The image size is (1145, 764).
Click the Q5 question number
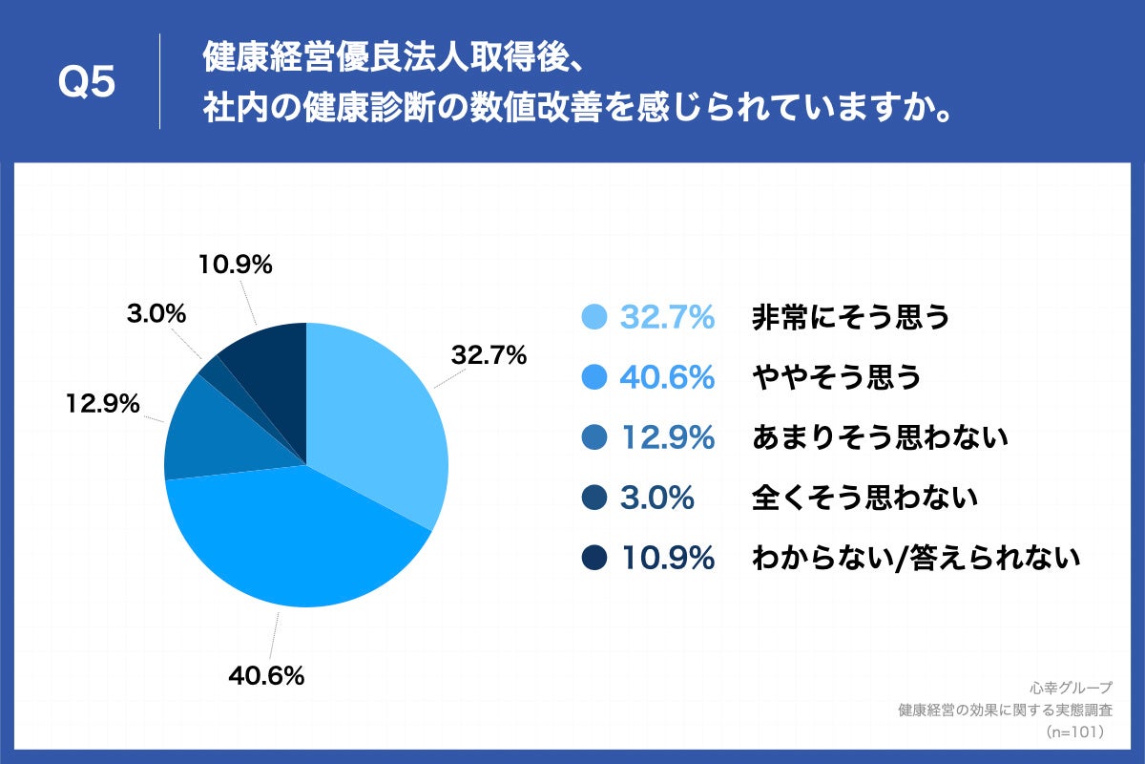click(x=87, y=82)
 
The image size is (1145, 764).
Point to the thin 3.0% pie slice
click(x=211, y=368)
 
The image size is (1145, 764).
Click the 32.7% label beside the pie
click(x=489, y=356)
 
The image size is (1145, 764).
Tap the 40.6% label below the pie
click(x=266, y=677)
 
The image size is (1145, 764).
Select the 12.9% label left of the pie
click(x=102, y=404)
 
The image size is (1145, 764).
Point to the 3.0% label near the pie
click(x=156, y=313)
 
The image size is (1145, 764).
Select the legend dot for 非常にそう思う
click(x=593, y=318)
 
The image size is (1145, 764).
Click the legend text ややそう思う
click(x=837, y=378)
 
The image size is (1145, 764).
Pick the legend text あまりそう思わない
click(x=880, y=438)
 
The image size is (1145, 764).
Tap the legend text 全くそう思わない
click(x=864, y=498)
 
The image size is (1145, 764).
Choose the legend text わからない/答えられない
click(x=916, y=558)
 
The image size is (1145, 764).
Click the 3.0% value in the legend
click(x=656, y=498)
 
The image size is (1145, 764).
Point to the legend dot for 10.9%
click(x=593, y=558)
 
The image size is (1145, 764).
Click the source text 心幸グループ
click(x=1072, y=688)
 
